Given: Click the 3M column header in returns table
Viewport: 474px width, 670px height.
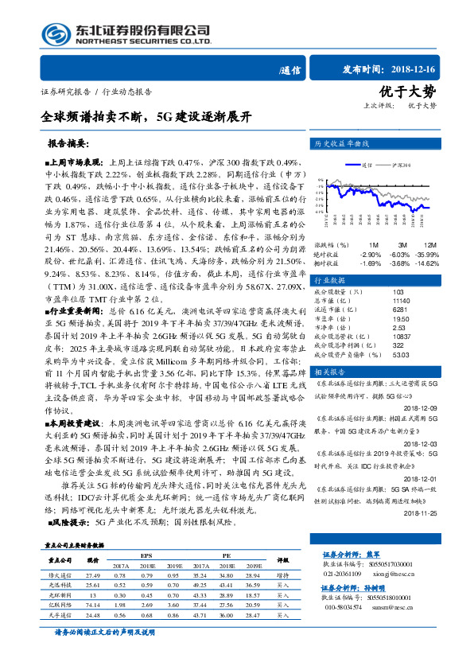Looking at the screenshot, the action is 403,244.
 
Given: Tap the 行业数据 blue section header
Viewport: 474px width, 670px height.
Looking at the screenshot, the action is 329,281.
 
